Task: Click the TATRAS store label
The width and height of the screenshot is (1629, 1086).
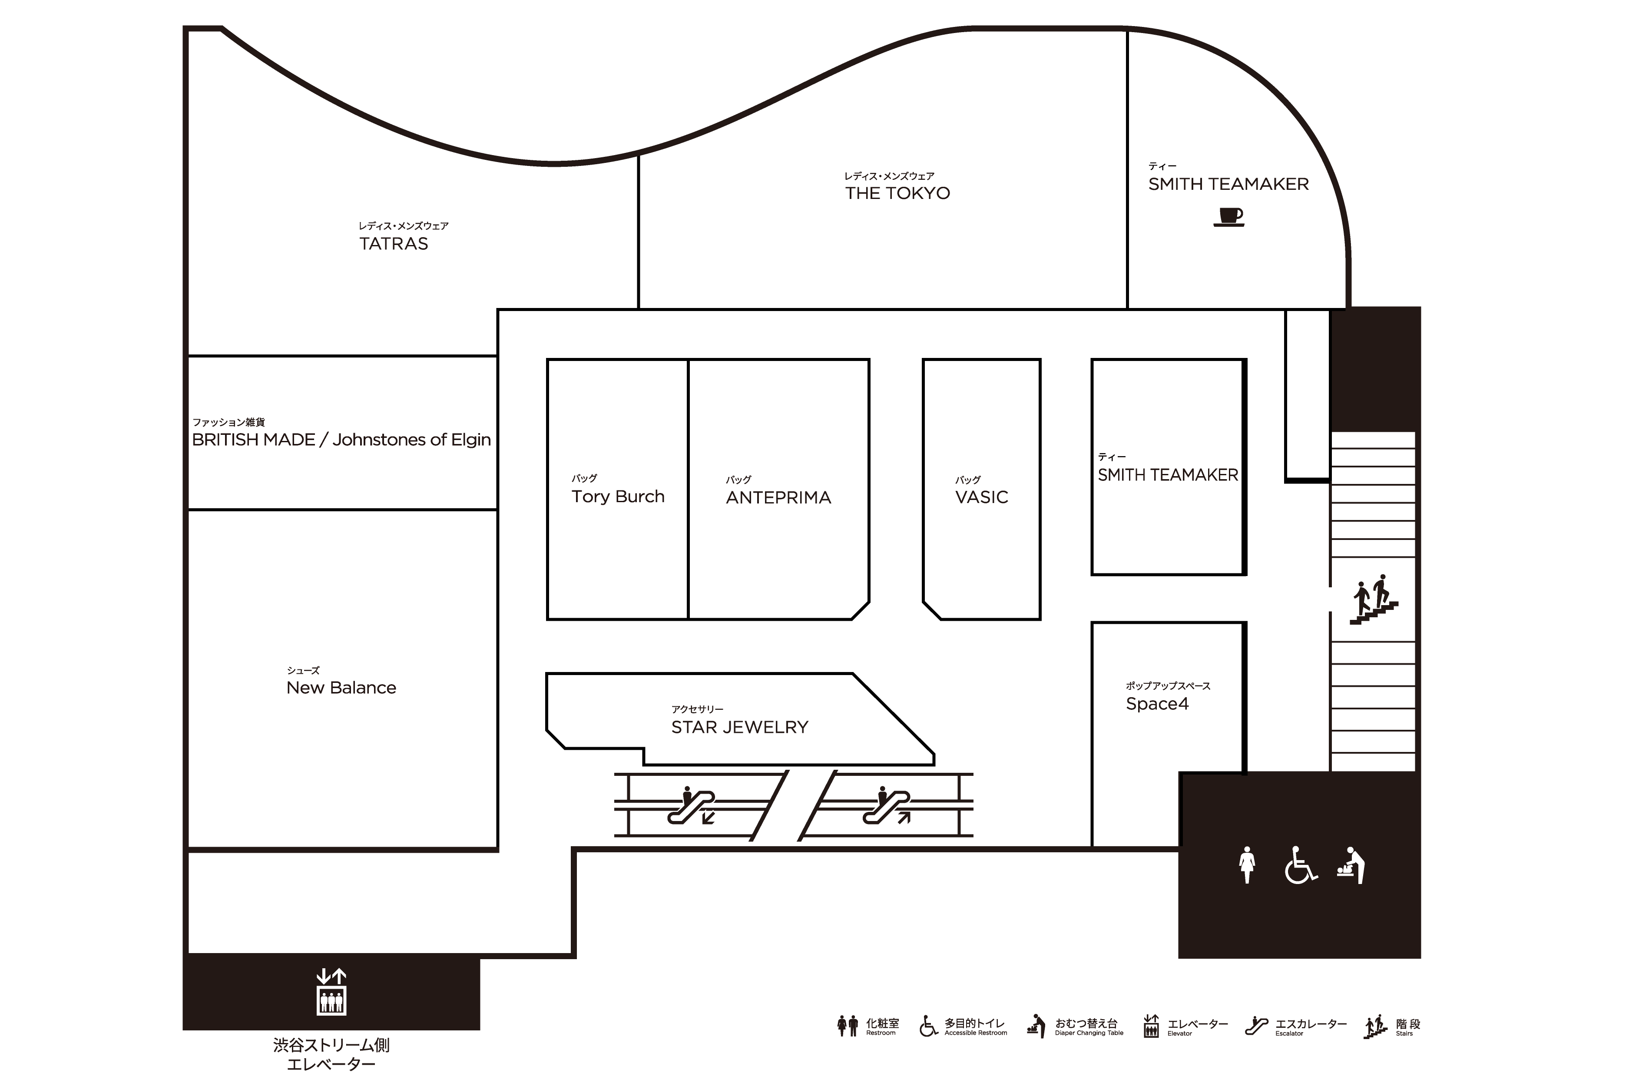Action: coord(394,244)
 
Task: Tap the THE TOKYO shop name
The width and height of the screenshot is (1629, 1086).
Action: coord(897,193)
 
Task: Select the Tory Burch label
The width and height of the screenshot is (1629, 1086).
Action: coord(618,497)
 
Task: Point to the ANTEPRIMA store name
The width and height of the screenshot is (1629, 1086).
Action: coord(778,497)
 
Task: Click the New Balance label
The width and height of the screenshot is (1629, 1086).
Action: coord(341,688)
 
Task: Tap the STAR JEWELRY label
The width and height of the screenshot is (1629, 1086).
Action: coord(740,727)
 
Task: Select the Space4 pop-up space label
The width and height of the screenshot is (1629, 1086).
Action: coord(1157,704)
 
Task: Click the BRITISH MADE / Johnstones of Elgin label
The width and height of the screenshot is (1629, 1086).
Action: coord(341,440)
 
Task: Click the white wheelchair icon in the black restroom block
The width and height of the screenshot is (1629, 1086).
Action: coord(1301,865)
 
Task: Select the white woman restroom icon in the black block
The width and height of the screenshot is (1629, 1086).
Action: coord(1247,865)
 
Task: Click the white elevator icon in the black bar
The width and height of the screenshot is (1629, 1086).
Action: coord(331,992)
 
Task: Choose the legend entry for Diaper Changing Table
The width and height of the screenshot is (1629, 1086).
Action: coord(1075,1026)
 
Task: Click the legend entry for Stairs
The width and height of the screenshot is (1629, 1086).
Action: coord(1392,1026)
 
